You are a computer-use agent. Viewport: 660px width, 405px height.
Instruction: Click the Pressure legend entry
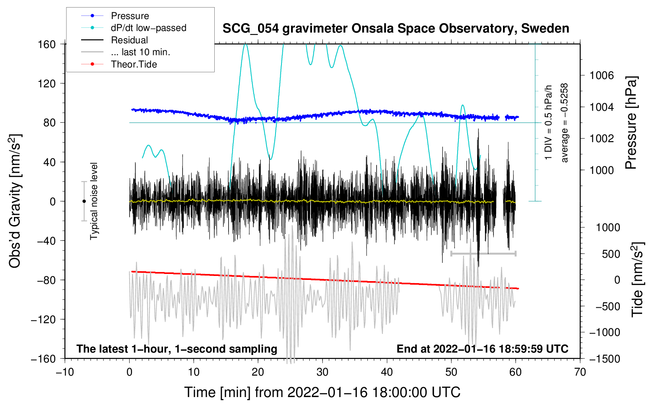[130, 16]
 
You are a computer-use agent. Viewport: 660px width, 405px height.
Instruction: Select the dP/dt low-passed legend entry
[148, 28]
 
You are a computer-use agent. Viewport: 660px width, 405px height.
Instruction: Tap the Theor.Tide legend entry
[134, 64]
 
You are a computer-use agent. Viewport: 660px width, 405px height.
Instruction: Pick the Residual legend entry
[129, 40]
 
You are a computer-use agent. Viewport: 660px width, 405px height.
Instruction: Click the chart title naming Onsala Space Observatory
[396, 29]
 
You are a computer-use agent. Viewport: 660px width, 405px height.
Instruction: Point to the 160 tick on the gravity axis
[47, 44]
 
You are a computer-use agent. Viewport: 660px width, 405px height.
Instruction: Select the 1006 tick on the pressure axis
[602, 75]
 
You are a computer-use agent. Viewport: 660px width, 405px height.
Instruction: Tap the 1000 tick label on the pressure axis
[602, 170]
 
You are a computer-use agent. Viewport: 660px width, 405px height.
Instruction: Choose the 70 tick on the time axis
[580, 372]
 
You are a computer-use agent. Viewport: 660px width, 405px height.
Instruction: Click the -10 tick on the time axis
[65, 372]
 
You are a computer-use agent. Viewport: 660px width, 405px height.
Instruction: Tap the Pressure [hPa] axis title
[631, 123]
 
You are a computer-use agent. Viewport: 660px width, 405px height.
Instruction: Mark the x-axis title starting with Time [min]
[322, 392]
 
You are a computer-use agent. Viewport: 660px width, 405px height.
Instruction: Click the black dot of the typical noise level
[84, 201]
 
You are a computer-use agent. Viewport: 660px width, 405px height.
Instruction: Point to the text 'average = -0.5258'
[565, 123]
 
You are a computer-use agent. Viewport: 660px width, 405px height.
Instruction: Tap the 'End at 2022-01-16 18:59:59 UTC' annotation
[482, 349]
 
